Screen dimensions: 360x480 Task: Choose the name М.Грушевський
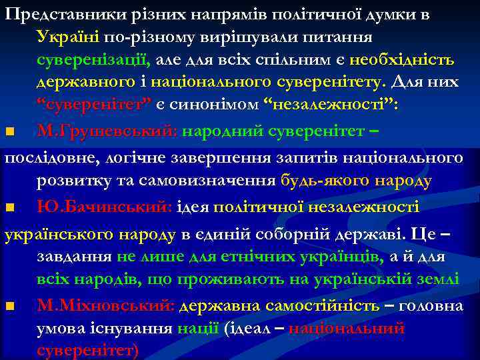tap(107, 131)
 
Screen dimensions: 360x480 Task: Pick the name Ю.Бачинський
tap(105, 207)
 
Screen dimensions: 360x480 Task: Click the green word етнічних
tap(243, 257)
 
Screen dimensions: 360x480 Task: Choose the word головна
tap(435, 306)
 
